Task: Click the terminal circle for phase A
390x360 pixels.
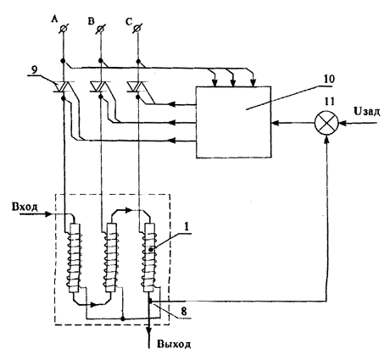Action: [64, 29]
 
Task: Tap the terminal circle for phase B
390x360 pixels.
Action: [101, 29]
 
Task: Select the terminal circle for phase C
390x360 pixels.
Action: [137, 29]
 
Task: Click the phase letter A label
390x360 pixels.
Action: [54, 19]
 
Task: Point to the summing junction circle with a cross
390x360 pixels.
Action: [326, 123]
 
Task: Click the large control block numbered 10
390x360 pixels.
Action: [234, 122]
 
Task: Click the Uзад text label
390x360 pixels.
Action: [366, 112]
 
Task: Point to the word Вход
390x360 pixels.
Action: [25, 207]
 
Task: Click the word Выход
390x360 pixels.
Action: [174, 344]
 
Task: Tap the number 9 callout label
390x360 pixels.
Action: [34, 70]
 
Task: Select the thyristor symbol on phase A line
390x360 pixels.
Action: [64, 86]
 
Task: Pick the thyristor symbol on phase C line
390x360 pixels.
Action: [137, 86]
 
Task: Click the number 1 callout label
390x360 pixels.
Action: [187, 228]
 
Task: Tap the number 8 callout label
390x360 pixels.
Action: [184, 311]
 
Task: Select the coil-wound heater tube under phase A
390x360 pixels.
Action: [73, 258]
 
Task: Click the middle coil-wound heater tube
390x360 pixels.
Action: [111, 258]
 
